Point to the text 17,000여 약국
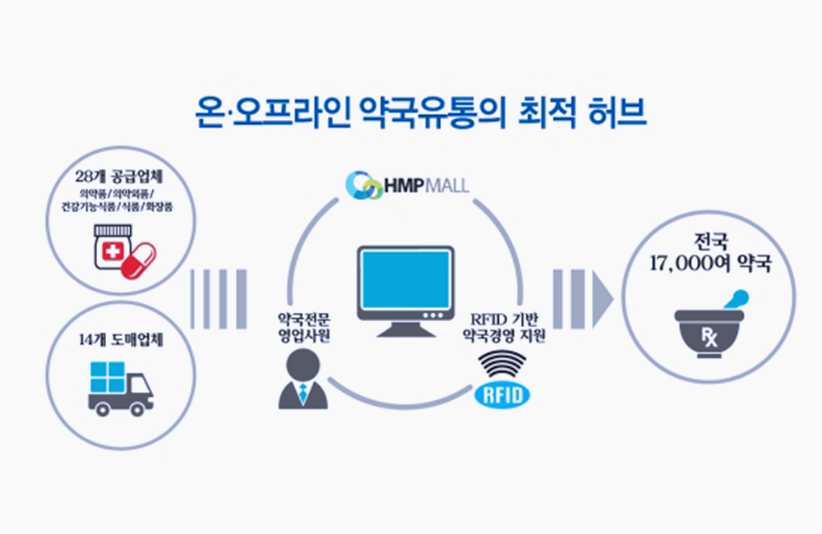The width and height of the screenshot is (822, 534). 709,266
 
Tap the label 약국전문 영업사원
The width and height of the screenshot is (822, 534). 304,327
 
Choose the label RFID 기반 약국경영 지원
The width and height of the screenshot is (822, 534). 503,327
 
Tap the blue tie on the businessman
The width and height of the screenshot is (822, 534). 302,394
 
